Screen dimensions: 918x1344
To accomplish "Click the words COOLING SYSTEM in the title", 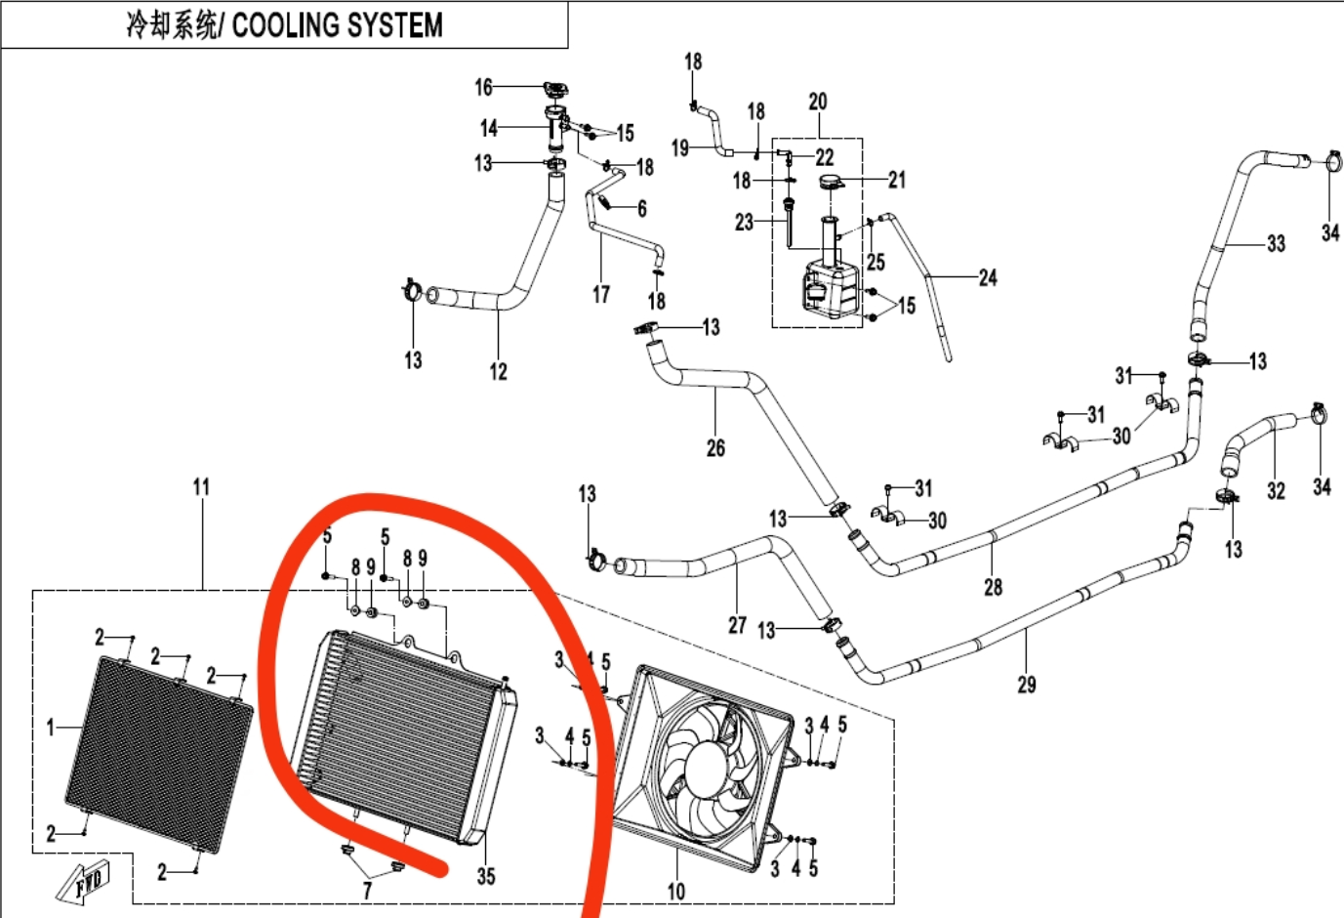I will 337,24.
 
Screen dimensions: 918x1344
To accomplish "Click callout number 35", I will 486,876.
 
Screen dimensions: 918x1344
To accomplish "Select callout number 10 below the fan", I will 676,891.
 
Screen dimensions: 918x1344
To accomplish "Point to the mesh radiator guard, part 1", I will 156,752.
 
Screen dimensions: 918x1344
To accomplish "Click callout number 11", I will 201,486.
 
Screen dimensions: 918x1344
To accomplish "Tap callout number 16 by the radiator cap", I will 484,88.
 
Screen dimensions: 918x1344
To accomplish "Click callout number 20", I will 818,102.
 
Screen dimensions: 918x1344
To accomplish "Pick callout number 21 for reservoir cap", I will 897,180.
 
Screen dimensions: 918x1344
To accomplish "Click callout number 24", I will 988,278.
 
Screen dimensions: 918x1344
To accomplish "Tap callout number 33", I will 1276,243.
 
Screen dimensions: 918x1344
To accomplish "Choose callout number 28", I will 993,587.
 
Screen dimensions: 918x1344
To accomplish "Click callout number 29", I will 1026,685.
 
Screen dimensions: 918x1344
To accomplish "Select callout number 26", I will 715,448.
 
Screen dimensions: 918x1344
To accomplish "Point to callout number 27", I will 737,625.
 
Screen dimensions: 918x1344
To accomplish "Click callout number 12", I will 499,371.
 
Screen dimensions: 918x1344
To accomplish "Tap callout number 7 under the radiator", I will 367,891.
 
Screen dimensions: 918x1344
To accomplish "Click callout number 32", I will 1276,490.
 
